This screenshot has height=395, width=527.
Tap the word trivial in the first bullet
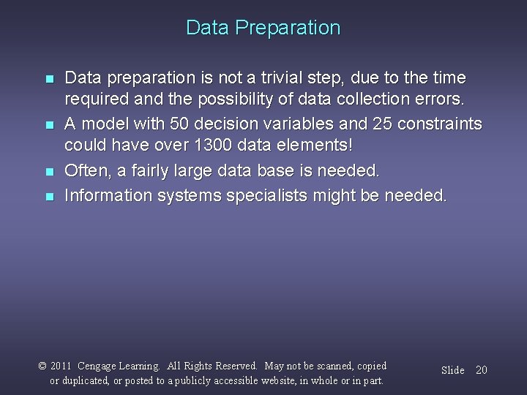pyautogui.click(x=305, y=77)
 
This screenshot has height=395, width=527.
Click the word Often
pyautogui.click(x=86, y=171)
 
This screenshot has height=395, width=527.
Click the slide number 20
pyautogui.click(x=481, y=370)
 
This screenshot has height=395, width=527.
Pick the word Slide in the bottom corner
pyautogui.click(x=452, y=370)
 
